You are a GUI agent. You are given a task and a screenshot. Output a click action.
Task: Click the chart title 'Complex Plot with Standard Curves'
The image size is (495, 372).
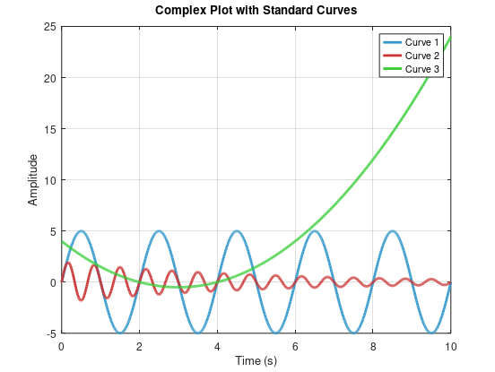[x=256, y=11]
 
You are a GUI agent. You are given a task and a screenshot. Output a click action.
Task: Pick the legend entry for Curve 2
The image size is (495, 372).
[x=422, y=56]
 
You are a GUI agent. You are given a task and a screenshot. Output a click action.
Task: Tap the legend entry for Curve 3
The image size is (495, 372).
[x=422, y=69]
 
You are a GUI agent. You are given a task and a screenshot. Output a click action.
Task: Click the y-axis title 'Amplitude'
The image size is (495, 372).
[x=33, y=179]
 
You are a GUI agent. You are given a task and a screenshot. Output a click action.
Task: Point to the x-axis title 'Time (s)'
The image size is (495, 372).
[x=256, y=360]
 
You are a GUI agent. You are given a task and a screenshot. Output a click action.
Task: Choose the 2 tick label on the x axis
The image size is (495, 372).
[x=139, y=345]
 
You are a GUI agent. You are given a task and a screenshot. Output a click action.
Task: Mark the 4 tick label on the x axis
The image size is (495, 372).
[x=217, y=345]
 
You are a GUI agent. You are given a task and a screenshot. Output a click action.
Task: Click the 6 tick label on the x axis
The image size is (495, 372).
[x=295, y=345]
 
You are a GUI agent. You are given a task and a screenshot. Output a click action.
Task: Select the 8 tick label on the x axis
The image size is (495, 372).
[x=372, y=345]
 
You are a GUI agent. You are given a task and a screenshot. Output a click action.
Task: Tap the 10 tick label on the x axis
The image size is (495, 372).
[x=450, y=345]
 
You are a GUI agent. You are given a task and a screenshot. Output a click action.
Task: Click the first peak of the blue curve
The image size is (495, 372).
[x=81, y=231]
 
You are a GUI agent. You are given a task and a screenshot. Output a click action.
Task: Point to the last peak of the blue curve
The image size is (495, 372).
[x=392, y=231]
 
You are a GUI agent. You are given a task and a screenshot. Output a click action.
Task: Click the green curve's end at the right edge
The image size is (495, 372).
[x=449, y=39]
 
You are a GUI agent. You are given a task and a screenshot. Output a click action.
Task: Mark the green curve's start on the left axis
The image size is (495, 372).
[x=62, y=241]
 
